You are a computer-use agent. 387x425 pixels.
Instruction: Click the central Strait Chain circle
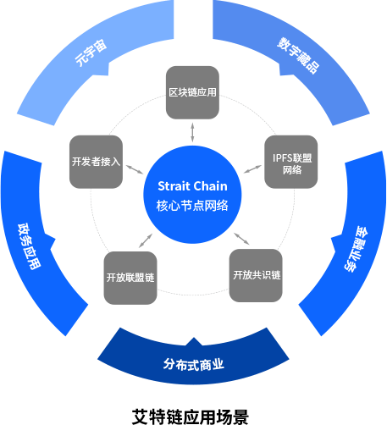[192, 195]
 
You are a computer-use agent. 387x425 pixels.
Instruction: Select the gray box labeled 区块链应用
[192, 92]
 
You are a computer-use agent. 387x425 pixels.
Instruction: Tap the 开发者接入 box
[96, 162]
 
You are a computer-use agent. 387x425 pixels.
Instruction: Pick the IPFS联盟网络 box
[291, 162]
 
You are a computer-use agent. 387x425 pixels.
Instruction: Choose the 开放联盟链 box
[130, 278]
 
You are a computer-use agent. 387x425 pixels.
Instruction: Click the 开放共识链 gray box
[256, 275]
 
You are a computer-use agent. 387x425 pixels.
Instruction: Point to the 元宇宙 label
[91, 52]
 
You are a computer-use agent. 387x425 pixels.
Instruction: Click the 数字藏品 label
[298, 55]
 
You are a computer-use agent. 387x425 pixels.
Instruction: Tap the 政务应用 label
[30, 246]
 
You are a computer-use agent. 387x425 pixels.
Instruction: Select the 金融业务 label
[357, 249]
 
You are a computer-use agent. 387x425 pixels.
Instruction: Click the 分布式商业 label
[194, 364]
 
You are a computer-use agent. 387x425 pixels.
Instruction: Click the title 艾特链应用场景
[191, 417]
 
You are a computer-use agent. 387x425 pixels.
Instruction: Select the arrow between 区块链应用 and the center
[192, 132]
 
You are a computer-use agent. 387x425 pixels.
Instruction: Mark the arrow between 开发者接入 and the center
[135, 169]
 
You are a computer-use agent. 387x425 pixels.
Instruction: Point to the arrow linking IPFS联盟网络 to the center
[252, 168]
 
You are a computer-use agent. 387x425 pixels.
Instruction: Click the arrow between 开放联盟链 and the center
[146, 240]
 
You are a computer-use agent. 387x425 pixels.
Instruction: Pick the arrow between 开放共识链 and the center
[241, 239]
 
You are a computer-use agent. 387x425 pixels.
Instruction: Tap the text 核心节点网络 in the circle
[192, 206]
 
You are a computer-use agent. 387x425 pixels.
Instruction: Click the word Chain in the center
[210, 186]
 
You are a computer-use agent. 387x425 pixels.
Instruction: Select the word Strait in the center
[174, 186]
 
